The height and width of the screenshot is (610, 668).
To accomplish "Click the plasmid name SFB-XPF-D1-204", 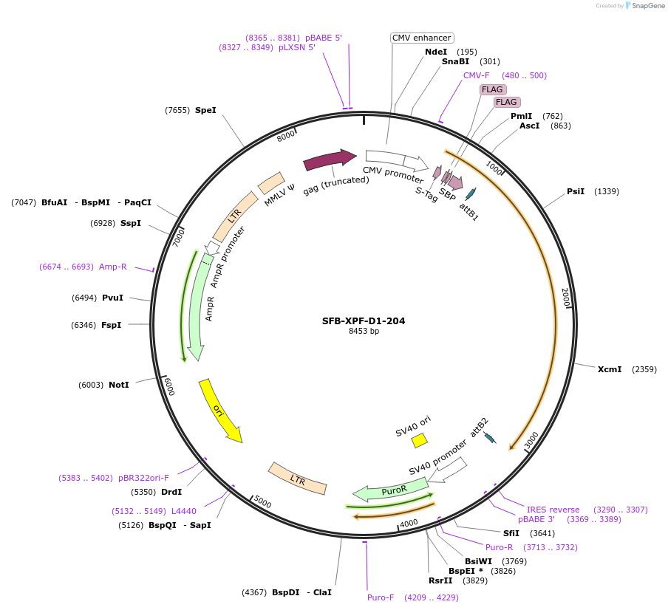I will [x=363, y=321].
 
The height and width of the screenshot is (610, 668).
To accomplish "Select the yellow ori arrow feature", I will [x=219, y=411].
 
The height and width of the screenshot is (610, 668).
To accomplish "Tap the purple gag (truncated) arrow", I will [x=330, y=160].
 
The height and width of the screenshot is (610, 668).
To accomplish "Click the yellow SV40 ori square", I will [x=420, y=440].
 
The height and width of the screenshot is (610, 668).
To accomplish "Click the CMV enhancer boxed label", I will [x=421, y=38].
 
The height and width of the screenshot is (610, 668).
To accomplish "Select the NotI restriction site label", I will [x=118, y=385].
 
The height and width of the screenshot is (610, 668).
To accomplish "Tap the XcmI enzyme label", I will [x=610, y=369].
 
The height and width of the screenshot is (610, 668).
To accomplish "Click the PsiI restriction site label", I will [x=576, y=191].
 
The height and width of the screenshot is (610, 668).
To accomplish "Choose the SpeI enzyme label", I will [x=205, y=110].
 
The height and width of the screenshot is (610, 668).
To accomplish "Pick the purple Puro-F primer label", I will [x=381, y=597].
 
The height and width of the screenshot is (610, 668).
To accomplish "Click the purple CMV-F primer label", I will [x=476, y=75].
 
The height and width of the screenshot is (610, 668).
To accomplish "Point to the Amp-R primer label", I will [x=113, y=267].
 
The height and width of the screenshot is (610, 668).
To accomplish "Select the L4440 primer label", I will [x=184, y=511].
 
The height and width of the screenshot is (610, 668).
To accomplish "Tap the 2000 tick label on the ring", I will [x=565, y=297].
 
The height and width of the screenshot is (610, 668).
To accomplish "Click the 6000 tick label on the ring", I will [x=168, y=386].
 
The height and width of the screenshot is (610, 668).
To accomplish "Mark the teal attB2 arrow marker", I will [x=489, y=438].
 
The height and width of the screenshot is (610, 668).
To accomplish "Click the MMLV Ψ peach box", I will [x=271, y=183].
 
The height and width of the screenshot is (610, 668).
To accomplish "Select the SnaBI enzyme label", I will [x=456, y=61].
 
